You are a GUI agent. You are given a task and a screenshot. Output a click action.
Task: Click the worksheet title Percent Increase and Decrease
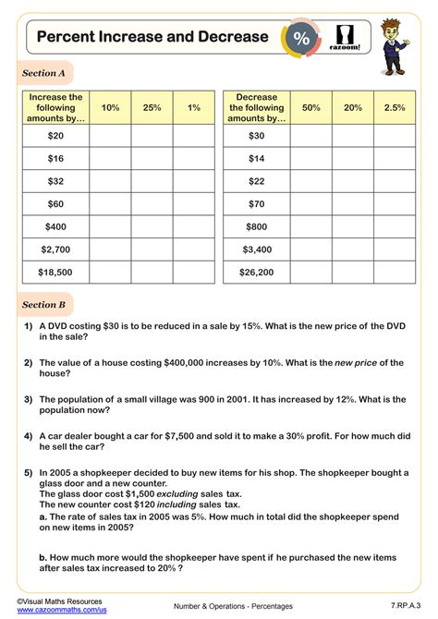[152, 37]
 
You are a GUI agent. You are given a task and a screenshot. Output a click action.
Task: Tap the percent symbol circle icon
[301, 38]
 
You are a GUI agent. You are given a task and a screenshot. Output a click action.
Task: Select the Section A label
[43, 73]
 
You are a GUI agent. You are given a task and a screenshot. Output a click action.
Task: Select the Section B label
[43, 304]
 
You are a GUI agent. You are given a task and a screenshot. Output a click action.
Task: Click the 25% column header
[152, 108]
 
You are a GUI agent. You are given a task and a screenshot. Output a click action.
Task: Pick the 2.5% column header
[394, 108]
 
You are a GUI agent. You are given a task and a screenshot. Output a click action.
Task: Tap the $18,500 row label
[56, 272]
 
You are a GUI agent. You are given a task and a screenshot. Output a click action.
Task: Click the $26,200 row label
[257, 272]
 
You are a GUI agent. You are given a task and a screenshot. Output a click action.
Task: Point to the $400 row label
[56, 225]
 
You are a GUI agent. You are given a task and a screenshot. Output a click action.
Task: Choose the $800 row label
[257, 225]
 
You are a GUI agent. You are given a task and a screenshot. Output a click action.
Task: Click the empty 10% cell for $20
[111, 135]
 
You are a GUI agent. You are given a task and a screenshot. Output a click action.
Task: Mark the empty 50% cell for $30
[311, 135]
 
